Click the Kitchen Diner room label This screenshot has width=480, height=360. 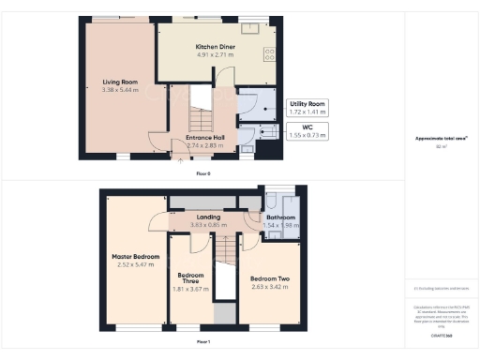pos(214,47)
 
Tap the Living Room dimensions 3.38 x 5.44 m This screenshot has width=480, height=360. pos(121,91)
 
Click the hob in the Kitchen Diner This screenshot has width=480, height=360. pos(270,53)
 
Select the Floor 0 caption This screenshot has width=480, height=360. pos(203,174)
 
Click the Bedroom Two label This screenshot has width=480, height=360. pos(269,278)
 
